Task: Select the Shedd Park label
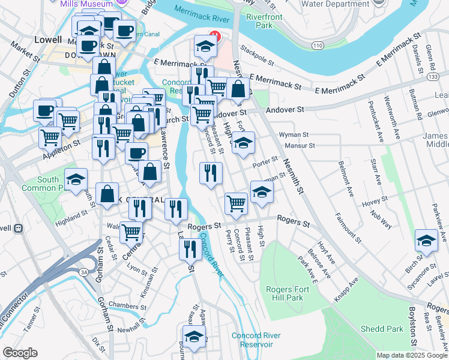click(382, 329)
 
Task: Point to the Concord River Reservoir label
click(253, 340)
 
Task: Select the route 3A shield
click(83, 272)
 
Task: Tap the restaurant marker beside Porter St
click(211, 173)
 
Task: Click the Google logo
click(20, 353)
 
